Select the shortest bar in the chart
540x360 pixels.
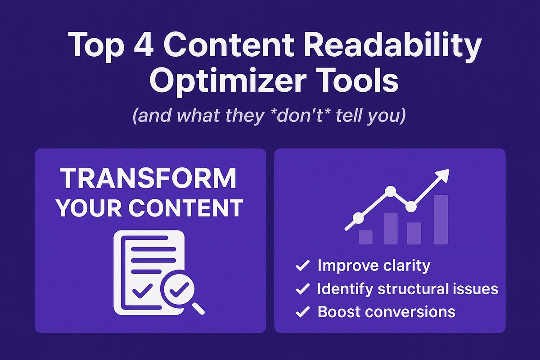365,237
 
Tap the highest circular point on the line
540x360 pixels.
391,191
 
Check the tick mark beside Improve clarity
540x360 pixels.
302,266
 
